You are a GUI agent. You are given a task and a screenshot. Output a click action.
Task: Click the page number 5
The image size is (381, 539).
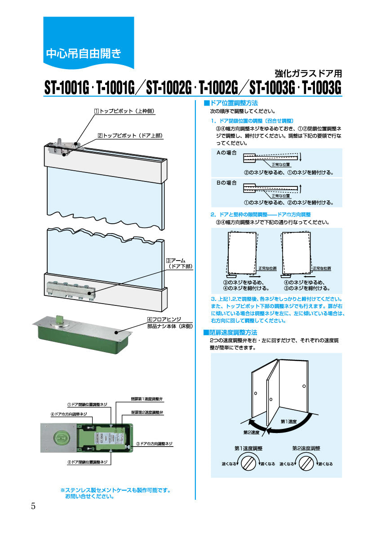coord(33,506)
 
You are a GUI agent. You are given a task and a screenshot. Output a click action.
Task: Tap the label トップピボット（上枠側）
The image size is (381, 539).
coord(124,110)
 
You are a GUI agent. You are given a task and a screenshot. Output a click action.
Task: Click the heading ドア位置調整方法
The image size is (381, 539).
coord(233,103)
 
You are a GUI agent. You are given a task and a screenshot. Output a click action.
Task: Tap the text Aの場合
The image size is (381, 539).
coord(227,153)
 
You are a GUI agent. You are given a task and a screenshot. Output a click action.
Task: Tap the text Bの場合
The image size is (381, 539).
coord(227,183)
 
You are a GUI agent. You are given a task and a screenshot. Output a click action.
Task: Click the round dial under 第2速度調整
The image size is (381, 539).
coord(306,462)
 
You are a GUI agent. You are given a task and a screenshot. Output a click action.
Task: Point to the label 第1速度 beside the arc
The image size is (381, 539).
coord(289,421)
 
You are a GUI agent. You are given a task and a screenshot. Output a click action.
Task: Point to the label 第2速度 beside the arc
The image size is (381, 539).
coord(252,432)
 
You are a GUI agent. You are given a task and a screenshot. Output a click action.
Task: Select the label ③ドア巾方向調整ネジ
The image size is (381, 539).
coord(155,444)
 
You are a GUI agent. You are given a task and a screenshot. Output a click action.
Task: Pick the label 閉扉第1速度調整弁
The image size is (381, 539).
coord(147,398)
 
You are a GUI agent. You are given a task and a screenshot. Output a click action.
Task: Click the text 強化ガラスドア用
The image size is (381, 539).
coord(308,73)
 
